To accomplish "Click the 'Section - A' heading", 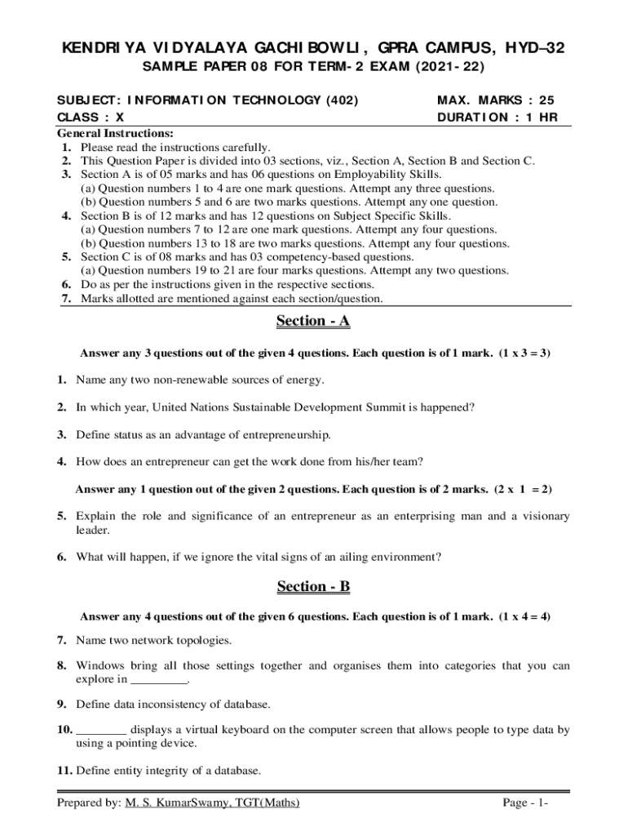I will [313, 321].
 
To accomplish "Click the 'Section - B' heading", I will [313, 586].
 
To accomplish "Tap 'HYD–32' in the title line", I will [534, 50].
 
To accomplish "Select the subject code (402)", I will [342, 100].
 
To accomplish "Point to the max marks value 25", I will [546, 100].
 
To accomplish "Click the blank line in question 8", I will [158, 679].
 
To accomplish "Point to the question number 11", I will [64, 770].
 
